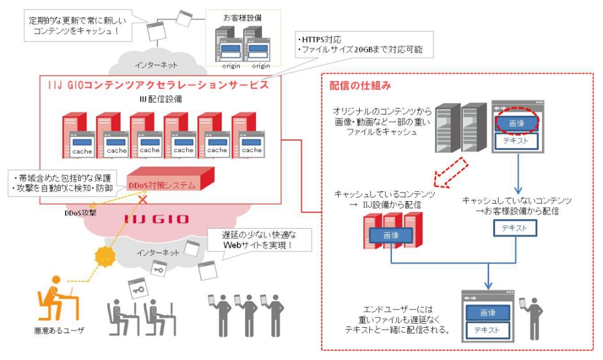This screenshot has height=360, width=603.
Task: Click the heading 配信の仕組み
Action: pos(360,86)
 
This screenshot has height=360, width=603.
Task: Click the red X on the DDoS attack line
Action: pos(143,199)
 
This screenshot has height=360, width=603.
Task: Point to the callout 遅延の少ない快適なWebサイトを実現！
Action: pos(259,240)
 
